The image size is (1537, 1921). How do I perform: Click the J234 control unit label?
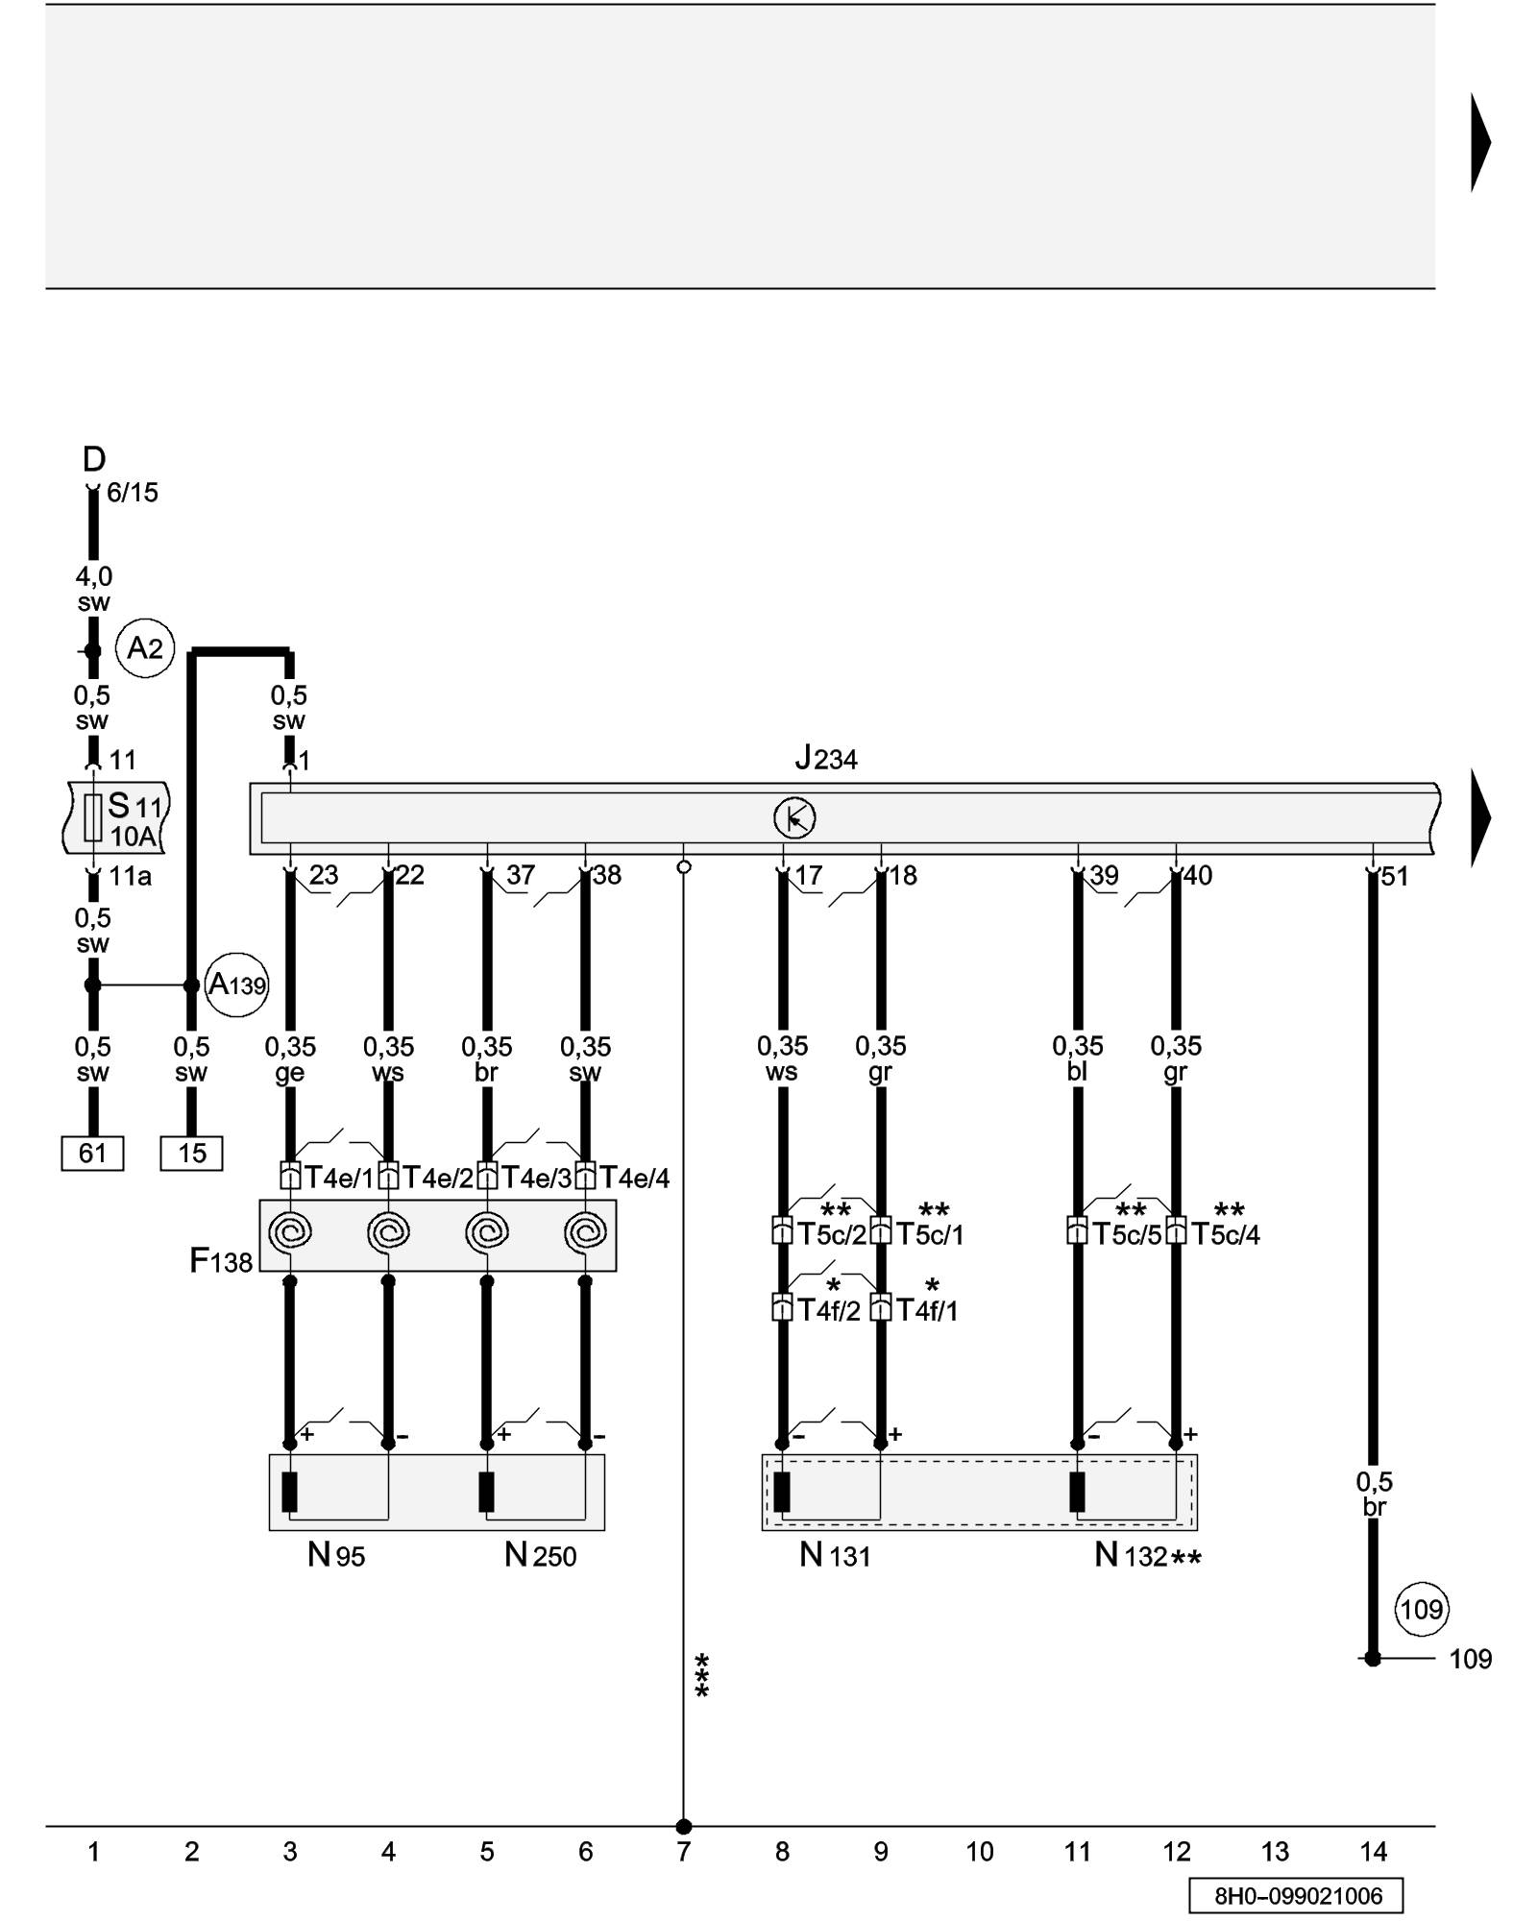pos(826,759)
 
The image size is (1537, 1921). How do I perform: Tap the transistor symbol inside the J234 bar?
pos(794,818)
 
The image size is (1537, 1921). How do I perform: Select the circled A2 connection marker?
pos(145,648)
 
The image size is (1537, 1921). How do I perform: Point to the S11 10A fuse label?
pos(134,818)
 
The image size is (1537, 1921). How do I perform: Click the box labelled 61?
pos(92,1153)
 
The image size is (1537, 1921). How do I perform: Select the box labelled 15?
pos(191,1153)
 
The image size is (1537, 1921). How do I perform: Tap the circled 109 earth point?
pos(1421,1609)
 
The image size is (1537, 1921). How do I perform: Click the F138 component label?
pos(221,1260)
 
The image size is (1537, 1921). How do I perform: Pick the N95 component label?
pos(336,1554)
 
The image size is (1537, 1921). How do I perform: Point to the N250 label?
pos(540,1554)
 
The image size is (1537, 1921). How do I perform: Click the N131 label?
pos(835,1554)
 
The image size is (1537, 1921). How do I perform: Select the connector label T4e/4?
pos(634,1178)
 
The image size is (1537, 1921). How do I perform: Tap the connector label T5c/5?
pos(1127,1234)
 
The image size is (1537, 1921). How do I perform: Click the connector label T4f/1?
pos(927,1310)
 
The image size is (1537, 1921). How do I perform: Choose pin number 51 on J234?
pos(1394,876)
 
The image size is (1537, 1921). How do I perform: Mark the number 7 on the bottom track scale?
pos(683,1851)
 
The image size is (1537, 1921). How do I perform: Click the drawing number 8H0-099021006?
pos(1298,1895)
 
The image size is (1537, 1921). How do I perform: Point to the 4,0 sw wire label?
pos(94,589)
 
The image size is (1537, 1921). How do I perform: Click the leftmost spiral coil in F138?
pos(290,1231)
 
